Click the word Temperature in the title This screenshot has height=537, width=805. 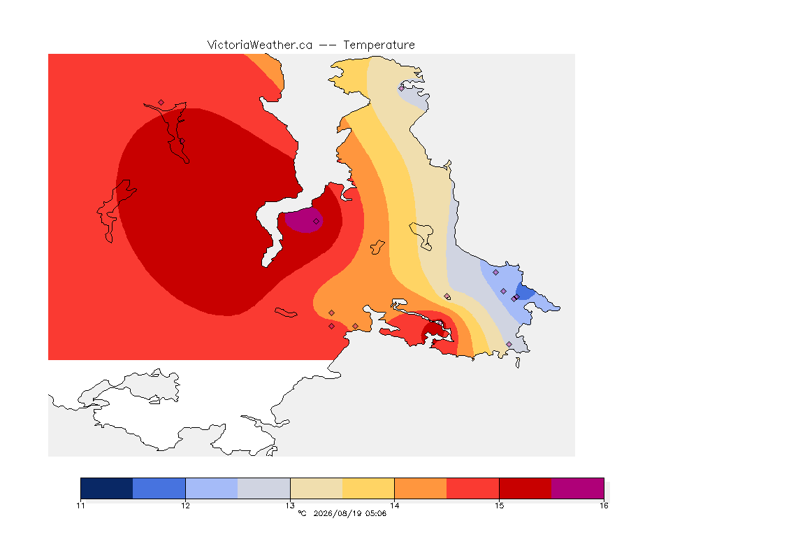(x=379, y=45)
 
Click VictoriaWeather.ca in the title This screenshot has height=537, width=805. (x=260, y=45)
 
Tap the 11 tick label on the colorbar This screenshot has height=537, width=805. (x=80, y=506)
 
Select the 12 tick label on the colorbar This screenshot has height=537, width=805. (x=185, y=506)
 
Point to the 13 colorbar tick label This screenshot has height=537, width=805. (x=290, y=506)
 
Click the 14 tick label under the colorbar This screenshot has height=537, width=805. (x=394, y=506)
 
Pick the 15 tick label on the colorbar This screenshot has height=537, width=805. (x=499, y=506)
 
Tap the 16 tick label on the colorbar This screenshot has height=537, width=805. (x=604, y=506)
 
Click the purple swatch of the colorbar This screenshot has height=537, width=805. (x=578, y=488)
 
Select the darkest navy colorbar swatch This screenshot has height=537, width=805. (x=107, y=488)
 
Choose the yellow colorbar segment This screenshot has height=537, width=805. (x=368, y=488)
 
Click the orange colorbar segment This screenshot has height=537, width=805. (x=421, y=488)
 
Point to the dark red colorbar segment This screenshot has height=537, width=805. (x=525, y=488)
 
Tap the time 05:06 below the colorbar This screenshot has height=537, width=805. (x=376, y=513)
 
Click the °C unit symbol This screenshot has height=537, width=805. (x=302, y=513)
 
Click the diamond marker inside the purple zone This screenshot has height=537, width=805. (x=317, y=222)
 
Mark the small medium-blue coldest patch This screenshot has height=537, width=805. (x=524, y=292)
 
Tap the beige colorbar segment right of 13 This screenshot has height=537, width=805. (x=317, y=488)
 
